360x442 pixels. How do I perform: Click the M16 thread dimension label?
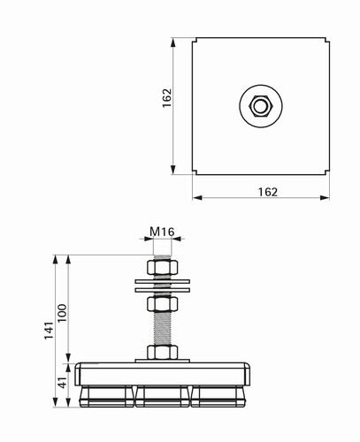[x=162, y=232]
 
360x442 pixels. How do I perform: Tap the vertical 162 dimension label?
[x=167, y=98]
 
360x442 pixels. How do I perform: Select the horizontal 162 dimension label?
[x=268, y=192]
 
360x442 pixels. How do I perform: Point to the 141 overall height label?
[x=50, y=331]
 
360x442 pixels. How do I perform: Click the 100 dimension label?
[x=62, y=313]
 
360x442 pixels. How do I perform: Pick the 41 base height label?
[x=62, y=382]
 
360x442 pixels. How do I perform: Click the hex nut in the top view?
[x=261, y=106]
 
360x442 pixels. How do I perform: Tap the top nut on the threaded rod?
[x=162, y=268]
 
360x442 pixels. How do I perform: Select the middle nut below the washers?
[x=162, y=304]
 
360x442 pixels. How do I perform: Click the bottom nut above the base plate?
[x=162, y=352]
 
